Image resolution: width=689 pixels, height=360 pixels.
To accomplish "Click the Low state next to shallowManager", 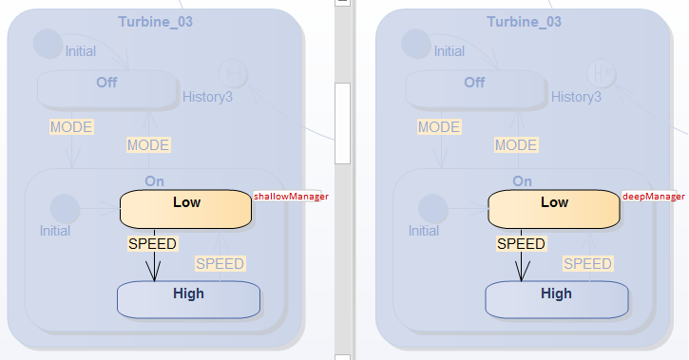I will coord(185,208).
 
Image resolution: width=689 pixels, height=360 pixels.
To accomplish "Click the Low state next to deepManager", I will coord(554,208).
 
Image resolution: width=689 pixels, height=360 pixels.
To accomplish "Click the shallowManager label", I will coord(291,197).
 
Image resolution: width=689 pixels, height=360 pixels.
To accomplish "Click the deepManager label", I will coord(654,197).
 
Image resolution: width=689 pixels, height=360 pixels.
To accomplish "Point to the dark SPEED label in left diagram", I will coord(152,244).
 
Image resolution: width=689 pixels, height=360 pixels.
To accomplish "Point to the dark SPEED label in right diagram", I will coord(521,244).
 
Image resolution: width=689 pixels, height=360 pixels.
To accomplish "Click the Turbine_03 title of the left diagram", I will coord(155,21).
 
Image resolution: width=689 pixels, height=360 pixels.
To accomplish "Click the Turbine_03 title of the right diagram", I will coord(524,21).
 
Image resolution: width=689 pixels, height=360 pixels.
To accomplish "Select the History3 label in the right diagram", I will coord(577,97).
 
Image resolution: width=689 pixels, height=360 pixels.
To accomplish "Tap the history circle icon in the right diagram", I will coord(600,71).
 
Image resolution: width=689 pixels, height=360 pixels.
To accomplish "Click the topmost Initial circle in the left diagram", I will coord(47,43).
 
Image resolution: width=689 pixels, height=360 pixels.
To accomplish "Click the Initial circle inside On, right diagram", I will coord(432,208).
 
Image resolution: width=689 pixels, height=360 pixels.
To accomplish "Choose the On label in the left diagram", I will coord(155,180).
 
